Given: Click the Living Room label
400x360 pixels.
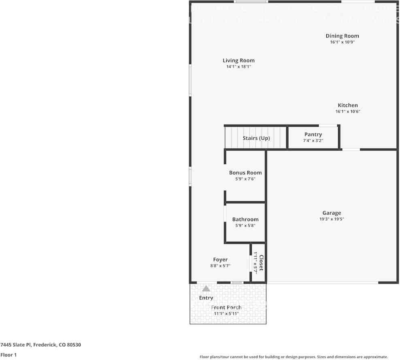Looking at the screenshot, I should [238, 61].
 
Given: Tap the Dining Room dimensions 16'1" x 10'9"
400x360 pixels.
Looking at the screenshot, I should [342, 42].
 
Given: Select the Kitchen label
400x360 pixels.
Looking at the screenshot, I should [348, 105].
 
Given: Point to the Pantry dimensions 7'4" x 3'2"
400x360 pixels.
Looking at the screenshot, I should [313, 141].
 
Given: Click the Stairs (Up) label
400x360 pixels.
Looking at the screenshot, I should [256, 138].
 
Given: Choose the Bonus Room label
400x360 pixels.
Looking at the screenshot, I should [245, 173].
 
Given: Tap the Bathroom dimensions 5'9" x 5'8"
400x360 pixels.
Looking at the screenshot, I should [245, 226].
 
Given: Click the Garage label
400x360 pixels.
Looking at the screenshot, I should [332, 213].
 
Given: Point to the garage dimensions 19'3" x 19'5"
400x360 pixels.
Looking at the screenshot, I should [332, 219].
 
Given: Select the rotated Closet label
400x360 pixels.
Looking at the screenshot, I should [262, 263].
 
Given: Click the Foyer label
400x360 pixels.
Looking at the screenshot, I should [220, 260].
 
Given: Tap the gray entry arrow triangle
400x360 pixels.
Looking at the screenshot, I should [206, 289].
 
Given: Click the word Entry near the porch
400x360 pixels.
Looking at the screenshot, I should [206, 298].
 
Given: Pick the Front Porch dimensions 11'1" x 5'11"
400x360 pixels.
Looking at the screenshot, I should [226, 313].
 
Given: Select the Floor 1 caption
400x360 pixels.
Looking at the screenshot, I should [9, 355].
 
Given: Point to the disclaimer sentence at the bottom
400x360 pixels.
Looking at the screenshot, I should [294, 357].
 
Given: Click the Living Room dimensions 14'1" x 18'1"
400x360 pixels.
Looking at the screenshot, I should [238, 67].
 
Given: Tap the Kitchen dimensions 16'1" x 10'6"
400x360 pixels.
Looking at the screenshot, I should [348, 111].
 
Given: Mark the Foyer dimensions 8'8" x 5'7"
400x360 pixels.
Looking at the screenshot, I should [220, 266].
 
